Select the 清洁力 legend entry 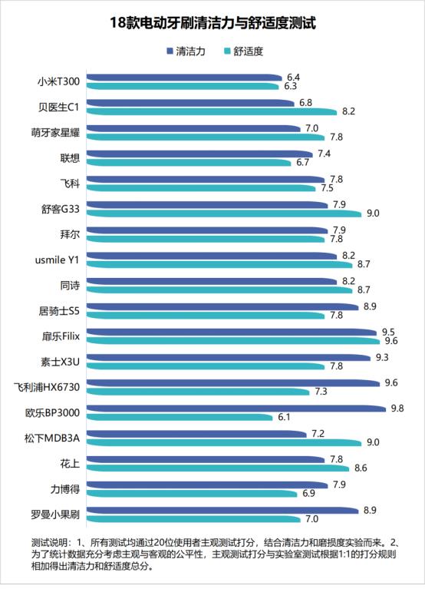188,51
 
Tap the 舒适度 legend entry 247,51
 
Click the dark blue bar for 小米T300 185,78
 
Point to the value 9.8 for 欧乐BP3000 397,408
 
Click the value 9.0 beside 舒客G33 374,213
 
